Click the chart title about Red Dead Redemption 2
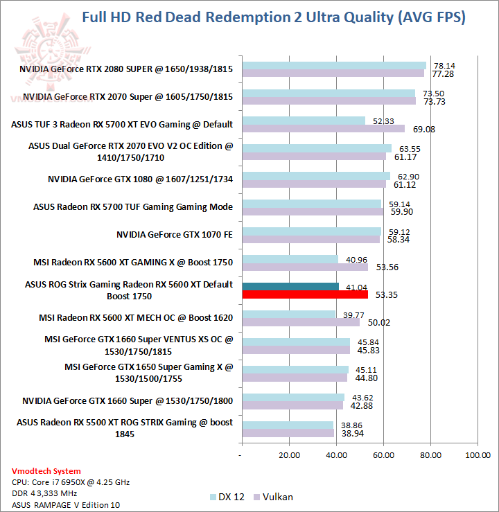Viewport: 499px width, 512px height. (x=273, y=17)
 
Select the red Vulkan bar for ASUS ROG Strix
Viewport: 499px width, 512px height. (x=305, y=294)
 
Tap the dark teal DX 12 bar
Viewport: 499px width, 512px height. (x=290, y=286)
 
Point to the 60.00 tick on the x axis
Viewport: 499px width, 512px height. (x=383, y=455)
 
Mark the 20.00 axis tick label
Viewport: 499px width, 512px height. (x=289, y=455)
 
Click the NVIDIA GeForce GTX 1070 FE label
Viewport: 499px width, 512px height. (x=175, y=235)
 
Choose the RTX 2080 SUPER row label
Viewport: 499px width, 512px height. (x=126, y=69)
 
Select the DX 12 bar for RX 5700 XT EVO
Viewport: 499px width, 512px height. (x=304, y=121)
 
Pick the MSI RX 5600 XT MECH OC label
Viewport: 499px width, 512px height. (x=136, y=317)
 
